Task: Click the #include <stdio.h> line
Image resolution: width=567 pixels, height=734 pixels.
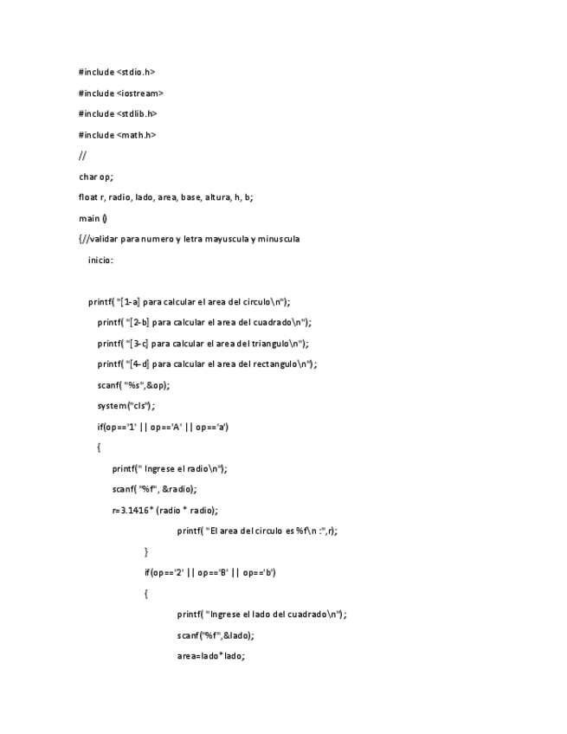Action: pyautogui.click(x=117, y=72)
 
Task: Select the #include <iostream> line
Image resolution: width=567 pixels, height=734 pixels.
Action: pyautogui.click(x=120, y=93)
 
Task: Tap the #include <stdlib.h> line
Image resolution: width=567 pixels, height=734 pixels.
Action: pyautogui.click(x=118, y=113)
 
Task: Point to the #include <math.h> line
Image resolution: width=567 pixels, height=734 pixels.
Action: pyautogui.click(x=117, y=134)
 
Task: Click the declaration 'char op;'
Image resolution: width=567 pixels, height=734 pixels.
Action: pyautogui.click(x=95, y=177)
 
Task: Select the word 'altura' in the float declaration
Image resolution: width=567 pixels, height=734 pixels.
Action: pyautogui.click(x=217, y=197)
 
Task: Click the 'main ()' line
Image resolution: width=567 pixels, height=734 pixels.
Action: pyautogui.click(x=93, y=218)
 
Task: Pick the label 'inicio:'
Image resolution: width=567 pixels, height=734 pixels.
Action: pyautogui.click(x=100, y=260)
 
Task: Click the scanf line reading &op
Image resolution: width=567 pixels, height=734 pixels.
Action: pyautogui.click(x=133, y=385)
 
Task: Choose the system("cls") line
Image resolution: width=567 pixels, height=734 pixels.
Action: pyautogui.click(x=126, y=406)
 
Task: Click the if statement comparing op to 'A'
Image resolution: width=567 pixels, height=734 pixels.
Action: pyautogui.click(x=163, y=427)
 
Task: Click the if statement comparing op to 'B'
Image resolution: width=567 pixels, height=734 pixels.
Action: pyautogui.click(x=210, y=573)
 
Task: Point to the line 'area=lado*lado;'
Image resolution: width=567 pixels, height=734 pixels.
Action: pyautogui.click(x=211, y=656)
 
